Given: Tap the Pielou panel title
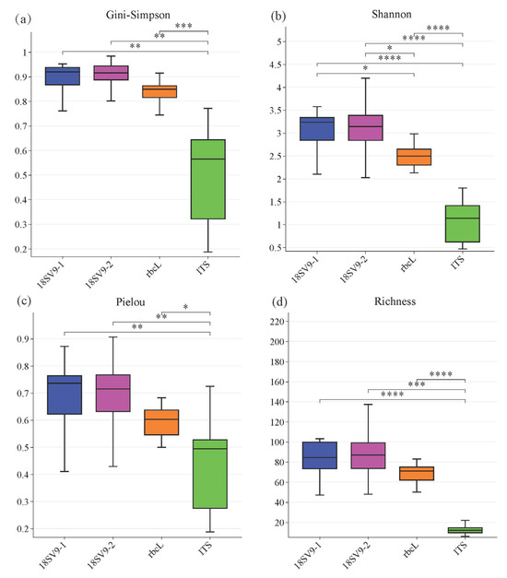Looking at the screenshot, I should coord(136,301).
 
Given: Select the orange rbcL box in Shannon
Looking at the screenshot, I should coord(413,157).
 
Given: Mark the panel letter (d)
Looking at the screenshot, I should coord(275,301).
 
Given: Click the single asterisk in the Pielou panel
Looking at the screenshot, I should coord(185,308).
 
